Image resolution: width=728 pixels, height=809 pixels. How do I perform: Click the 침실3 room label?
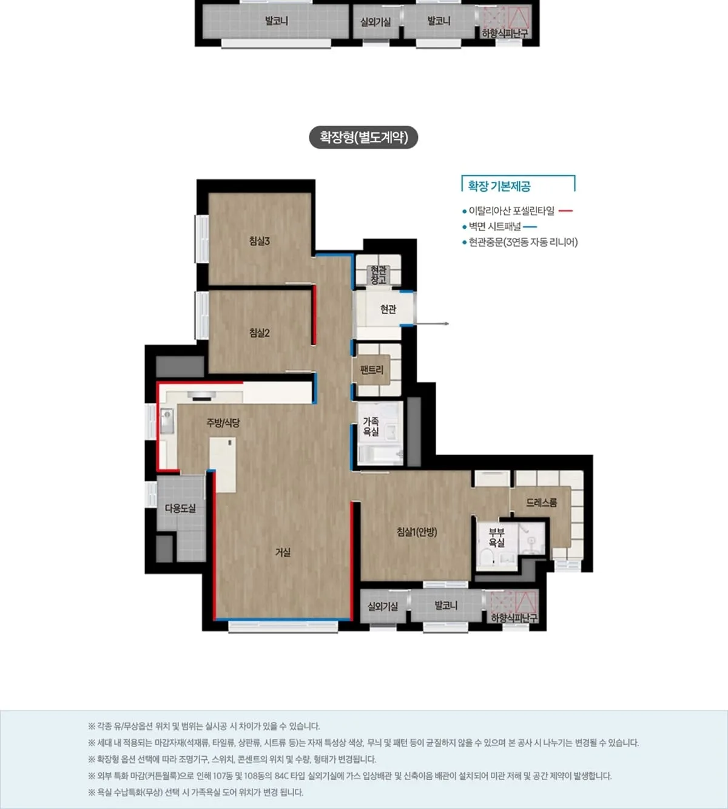click(259, 241)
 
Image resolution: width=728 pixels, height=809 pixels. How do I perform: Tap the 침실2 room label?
click(259, 333)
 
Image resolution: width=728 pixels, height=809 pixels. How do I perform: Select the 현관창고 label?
click(379, 275)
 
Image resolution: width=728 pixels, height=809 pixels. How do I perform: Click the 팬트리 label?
click(371, 370)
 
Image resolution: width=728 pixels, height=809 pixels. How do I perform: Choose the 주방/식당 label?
click(223, 422)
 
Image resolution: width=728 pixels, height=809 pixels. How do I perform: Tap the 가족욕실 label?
click(371, 427)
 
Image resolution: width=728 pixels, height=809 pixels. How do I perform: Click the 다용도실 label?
click(180, 508)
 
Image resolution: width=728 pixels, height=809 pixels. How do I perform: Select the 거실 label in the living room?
click(283, 552)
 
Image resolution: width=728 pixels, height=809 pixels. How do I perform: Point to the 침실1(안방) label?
click(417, 532)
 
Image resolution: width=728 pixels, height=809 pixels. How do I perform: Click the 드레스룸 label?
click(541, 502)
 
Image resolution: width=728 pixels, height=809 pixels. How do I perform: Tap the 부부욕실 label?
click(496, 537)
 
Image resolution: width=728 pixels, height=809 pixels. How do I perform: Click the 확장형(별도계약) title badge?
click(363, 137)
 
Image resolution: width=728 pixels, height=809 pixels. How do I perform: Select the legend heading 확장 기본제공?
click(499, 186)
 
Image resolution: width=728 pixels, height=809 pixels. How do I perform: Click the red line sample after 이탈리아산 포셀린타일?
click(565, 211)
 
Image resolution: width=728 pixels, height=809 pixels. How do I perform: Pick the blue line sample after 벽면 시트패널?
click(530, 226)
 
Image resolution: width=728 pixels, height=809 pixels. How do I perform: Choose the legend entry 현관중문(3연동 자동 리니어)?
click(523, 242)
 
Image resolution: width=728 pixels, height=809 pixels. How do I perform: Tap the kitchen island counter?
click(223, 465)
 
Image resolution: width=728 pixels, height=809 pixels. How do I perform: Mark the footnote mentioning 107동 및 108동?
click(349, 776)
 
